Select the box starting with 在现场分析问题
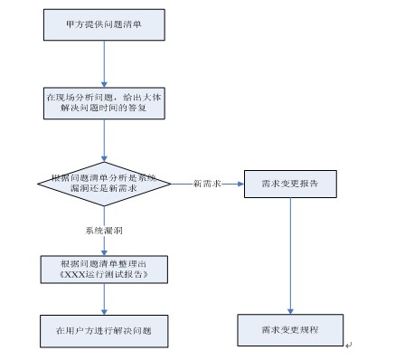click(105, 101)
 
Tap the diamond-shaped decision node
click(105, 184)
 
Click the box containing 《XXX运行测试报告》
click(105, 269)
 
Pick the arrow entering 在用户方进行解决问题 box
click(105, 298)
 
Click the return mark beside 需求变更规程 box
click(348, 344)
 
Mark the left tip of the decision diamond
click(39, 184)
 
